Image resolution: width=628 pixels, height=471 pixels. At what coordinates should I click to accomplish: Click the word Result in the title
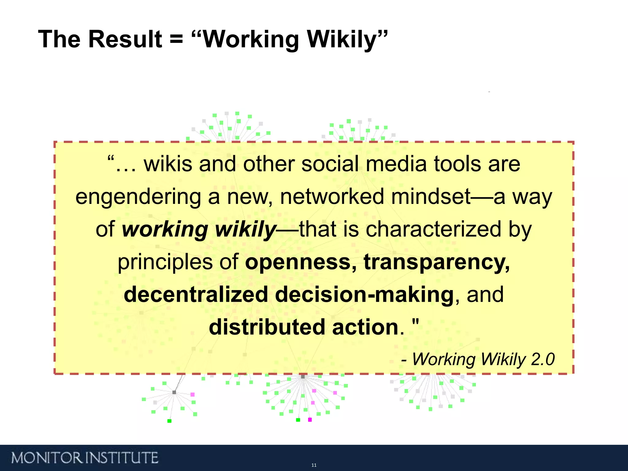click(x=125, y=39)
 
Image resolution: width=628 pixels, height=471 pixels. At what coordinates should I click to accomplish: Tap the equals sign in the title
click(x=176, y=39)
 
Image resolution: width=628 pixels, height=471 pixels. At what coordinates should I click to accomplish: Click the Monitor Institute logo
click(x=85, y=458)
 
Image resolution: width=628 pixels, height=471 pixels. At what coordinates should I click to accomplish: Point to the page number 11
click(x=314, y=465)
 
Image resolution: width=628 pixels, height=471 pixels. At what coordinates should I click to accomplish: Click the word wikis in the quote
click(x=168, y=164)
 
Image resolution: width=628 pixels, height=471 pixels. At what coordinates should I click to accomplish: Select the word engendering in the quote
click(x=138, y=197)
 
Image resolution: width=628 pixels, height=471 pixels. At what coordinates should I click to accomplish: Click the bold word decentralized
click(x=196, y=295)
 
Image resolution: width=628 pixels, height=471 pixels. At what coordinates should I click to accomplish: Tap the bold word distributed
click(x=267, y=327)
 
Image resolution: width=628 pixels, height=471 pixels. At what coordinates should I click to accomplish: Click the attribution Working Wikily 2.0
click(x=483, y=359)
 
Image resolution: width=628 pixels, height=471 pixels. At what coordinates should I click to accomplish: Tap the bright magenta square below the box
click(x=310, y=419)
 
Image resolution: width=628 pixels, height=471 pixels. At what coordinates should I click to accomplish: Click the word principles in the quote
click(x=165, y=263)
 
